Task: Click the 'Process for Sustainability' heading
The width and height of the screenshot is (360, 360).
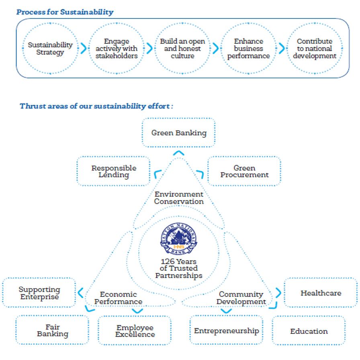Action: click(x=65, y=12)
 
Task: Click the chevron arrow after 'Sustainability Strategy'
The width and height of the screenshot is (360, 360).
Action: click(x=84, y=48)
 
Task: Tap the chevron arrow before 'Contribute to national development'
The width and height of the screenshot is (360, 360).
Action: click(x=282, y=48)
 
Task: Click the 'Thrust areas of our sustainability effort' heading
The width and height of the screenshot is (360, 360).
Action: click(x=96, y=106)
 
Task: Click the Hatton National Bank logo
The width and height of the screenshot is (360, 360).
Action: click(x=179, y=239)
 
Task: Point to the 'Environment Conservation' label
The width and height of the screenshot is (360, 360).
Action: click(x=179, y=198)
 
